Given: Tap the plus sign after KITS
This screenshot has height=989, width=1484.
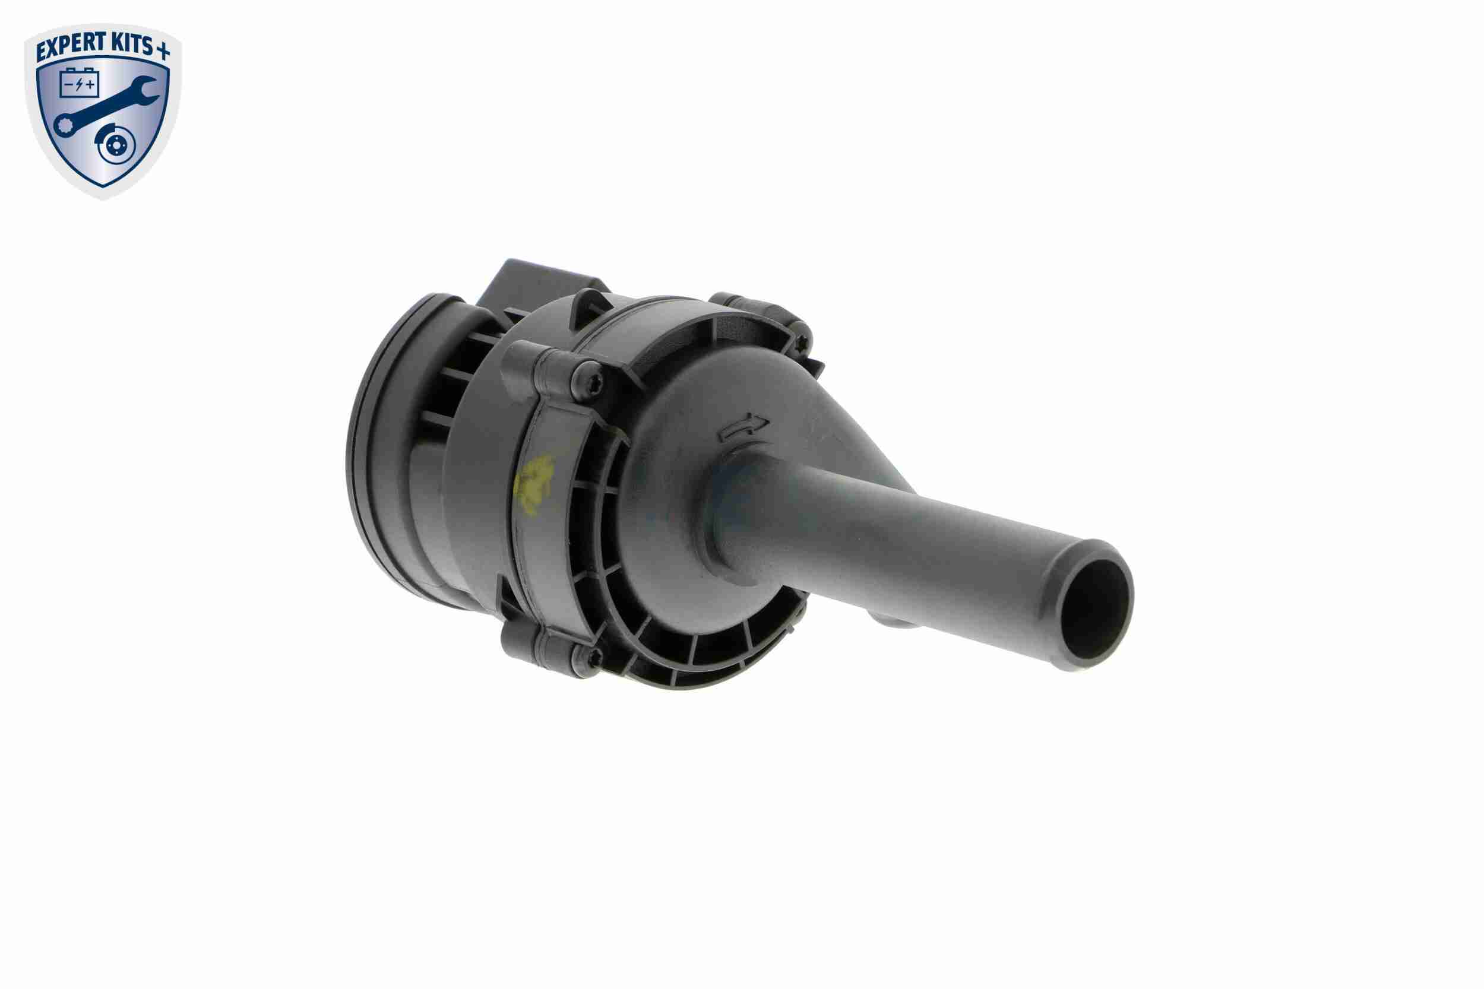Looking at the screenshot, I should click(x=163, y=52).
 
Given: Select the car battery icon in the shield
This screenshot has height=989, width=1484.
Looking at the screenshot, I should click(x=78, y=83).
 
